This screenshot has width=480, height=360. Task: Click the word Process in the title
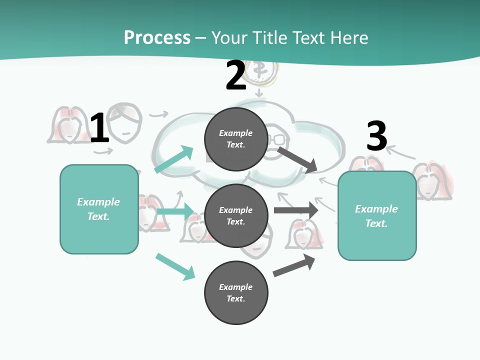coord(157,38)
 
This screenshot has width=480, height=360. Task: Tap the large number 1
coord(99,128)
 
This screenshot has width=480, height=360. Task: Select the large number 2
coord(236,75)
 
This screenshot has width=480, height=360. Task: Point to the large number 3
coord(376,136)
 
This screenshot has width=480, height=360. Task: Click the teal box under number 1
coord(99,209)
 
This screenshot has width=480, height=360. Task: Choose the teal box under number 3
coord(377,215)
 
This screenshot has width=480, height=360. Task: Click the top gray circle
coord(236,139)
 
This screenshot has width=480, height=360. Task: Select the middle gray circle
coord(236,215)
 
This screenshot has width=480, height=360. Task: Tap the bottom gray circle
coord(236,292)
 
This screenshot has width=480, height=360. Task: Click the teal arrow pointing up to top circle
coord(174,159)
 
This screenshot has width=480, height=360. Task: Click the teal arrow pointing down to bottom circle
coord(175,266)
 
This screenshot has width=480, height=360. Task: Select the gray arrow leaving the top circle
coord(297,159)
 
